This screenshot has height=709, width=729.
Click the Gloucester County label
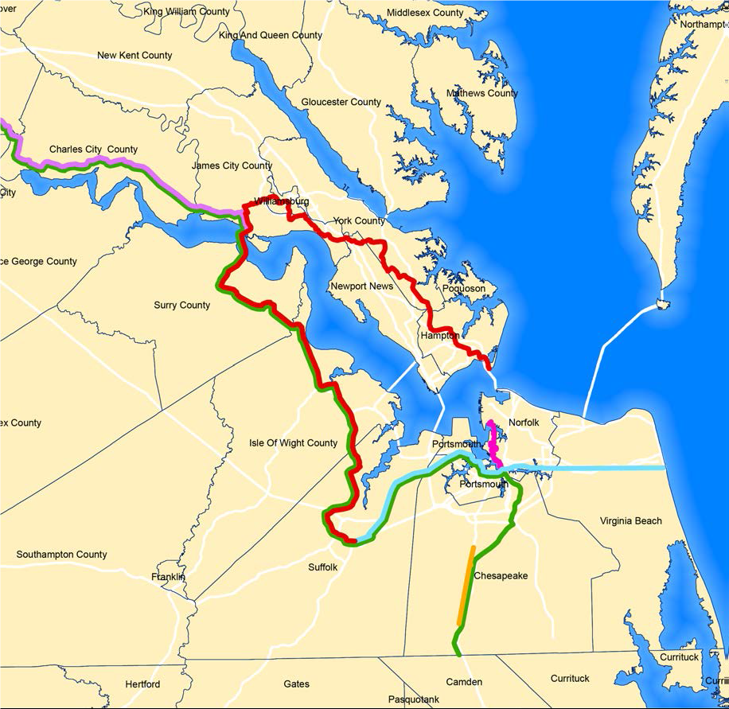click(x=341, y=102)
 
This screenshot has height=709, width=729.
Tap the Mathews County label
click(x=481, y=93)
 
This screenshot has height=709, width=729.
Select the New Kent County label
click(x=134, y=56)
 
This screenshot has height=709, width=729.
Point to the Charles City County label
click(x=93, y=150)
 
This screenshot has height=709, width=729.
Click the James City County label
click(x=232, y=166)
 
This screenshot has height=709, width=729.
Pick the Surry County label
click(x=182, y=305)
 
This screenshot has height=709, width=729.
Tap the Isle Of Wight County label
click(x=293, y=443)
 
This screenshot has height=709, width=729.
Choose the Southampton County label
click(x=61, y=555)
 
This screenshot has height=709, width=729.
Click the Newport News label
click(x=361, y=286)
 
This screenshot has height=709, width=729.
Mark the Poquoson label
click(x=463, y=289)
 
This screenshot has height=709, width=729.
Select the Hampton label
click(x=440, y=337)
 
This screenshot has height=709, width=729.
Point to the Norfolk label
click(x=524, y=423)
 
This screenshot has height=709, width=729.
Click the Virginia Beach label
click(x=630, y=521)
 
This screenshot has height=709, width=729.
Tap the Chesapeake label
click(x=501, y=576)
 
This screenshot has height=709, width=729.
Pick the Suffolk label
click(x=323, y=567)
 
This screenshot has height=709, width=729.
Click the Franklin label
click(x=168, y=577)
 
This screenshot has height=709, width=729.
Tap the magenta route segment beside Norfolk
click(x=493, y=442)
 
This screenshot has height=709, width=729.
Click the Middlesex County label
click(x=425, y=13)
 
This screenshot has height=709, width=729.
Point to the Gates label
click(x=296, y=684)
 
